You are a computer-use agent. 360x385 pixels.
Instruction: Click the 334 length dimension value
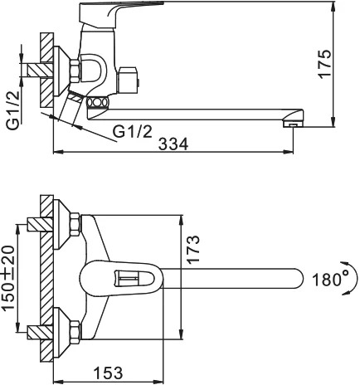[173, 144]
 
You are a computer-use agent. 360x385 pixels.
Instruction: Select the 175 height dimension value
[324, 64]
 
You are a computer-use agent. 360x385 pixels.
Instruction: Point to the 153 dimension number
[109, 373]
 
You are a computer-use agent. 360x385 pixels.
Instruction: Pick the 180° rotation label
[331, 280]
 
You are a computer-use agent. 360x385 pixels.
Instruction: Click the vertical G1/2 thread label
[13, 110]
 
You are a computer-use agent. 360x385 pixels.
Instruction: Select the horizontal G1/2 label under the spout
[133, 132]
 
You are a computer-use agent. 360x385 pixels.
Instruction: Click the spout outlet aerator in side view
[293, 124]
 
